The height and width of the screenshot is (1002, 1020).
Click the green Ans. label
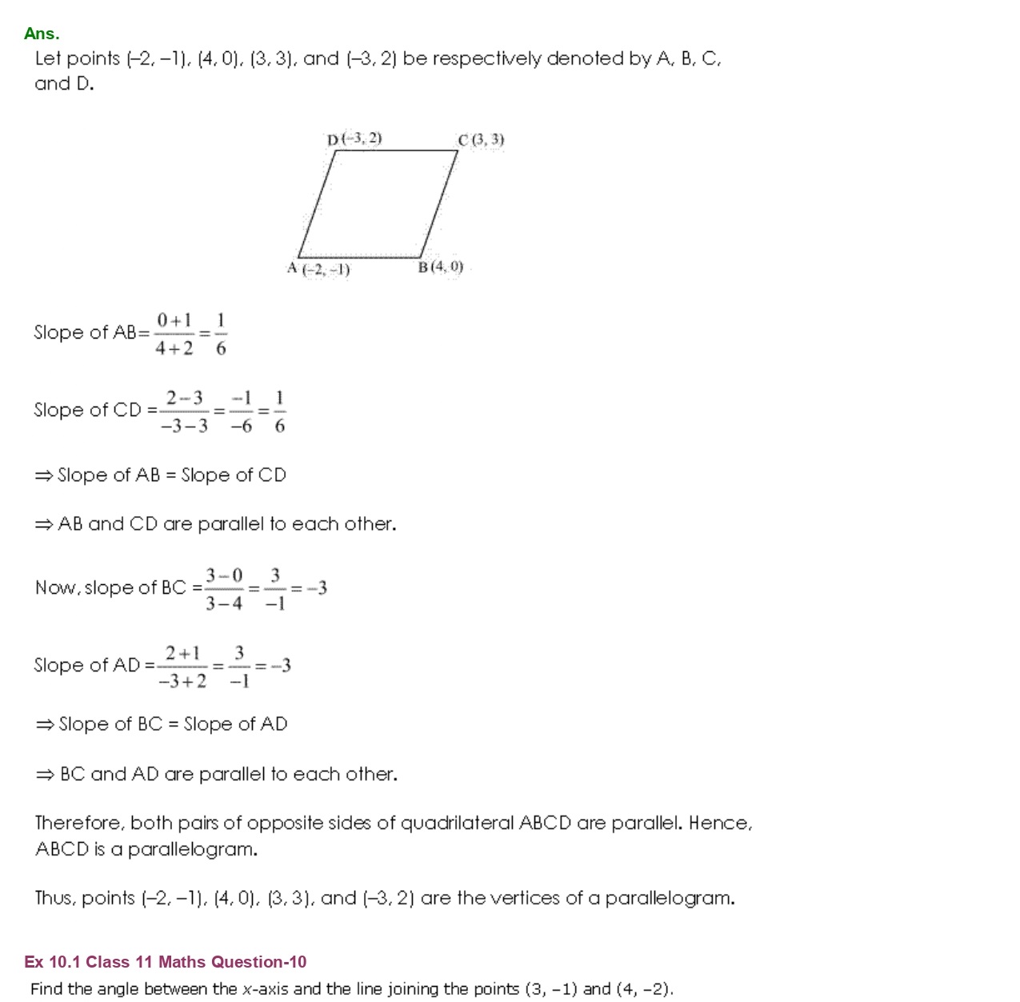42,34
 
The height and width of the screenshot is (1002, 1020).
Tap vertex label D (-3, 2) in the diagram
354,139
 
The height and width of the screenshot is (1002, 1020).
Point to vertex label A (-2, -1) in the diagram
318,269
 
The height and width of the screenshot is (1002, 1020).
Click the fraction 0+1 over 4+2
174,335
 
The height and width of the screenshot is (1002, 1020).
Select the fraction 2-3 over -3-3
184,412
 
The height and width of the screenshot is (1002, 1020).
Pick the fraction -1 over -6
242,412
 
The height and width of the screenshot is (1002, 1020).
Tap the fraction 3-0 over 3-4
224,589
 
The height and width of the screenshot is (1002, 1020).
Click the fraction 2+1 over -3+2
182,667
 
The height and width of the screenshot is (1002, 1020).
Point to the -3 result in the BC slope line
317,589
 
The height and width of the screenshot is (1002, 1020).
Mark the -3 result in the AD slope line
280,666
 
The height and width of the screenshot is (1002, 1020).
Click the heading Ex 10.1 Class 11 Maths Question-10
166,962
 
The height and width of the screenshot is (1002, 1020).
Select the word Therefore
80,824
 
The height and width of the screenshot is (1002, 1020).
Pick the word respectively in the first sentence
486,59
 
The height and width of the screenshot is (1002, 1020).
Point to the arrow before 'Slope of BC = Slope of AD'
45,725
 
